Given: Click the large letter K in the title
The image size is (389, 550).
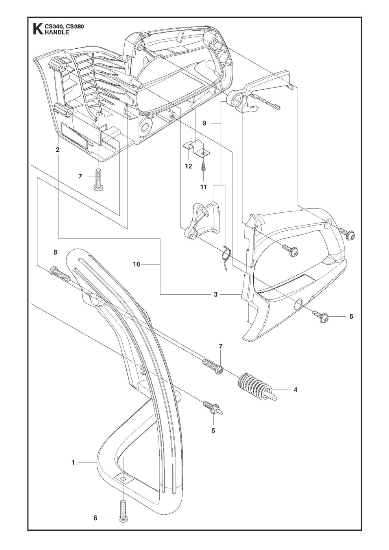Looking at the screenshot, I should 37,29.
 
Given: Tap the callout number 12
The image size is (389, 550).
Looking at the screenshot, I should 188,166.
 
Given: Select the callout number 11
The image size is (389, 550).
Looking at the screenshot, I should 203,187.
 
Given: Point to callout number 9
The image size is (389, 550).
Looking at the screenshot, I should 205,123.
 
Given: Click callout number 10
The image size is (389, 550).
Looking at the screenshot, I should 136,264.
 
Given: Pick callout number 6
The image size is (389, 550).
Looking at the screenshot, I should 351,316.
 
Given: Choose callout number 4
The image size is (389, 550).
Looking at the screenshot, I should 306,390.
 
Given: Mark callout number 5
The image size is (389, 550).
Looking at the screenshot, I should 213,431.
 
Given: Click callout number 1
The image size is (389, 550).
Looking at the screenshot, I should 73,463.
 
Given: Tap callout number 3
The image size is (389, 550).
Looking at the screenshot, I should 216,294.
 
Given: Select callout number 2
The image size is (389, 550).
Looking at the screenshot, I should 58,150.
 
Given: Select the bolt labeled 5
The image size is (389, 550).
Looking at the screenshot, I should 212,407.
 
